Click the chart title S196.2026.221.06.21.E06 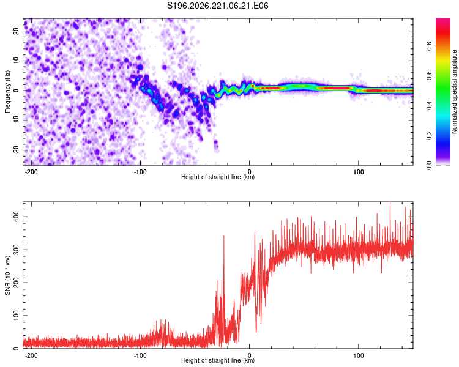tap(217, 6)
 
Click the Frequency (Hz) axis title tap(7, 92)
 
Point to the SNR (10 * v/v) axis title tap(7, 275)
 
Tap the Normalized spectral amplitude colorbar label tap(454, 92)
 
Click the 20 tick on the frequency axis tap(16, 31)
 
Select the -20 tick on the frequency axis tap(16, 150)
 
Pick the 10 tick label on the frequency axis tap(16, 61)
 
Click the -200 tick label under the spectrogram tap(31, 172)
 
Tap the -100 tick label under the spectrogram tap(140, 172)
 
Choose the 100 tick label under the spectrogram tap(358, 172)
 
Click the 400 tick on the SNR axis tap(16, 217)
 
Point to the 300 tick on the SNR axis tap(16, 250)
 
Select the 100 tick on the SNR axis tap(16, 316)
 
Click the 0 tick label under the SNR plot tap(250, 355)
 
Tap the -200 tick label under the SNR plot tap(31, 355)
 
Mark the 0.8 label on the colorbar tap(429, 46)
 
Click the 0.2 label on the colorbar tap(429, 136)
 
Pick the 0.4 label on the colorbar tap(429, 106)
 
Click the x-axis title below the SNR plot tap(218, 360)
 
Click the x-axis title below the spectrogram tap(218, 177)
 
